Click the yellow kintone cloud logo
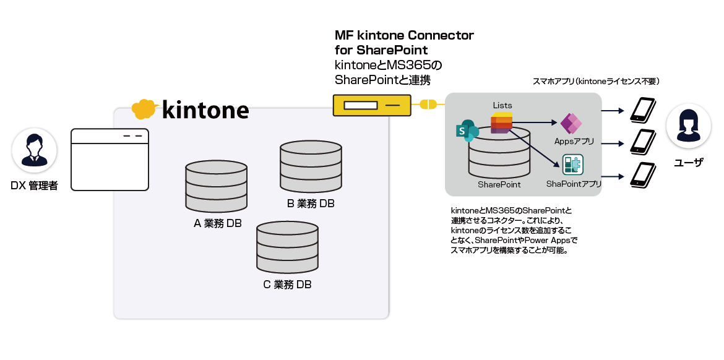coord(143,109)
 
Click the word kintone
coord(205,110)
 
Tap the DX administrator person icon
coord(35,150)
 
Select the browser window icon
coord(110,160)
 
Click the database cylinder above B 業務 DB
coord(311,166)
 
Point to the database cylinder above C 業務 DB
coord(288,247)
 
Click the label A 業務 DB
coord(218,223)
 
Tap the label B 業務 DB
coord(311,204)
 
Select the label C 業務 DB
coord(287,285)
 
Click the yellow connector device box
coord(372,105)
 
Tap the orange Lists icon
coord(501,122)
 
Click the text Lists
coord(502,105)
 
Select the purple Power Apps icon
coord(571,124)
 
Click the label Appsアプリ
coord(574,142)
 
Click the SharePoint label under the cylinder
coord(499,184)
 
